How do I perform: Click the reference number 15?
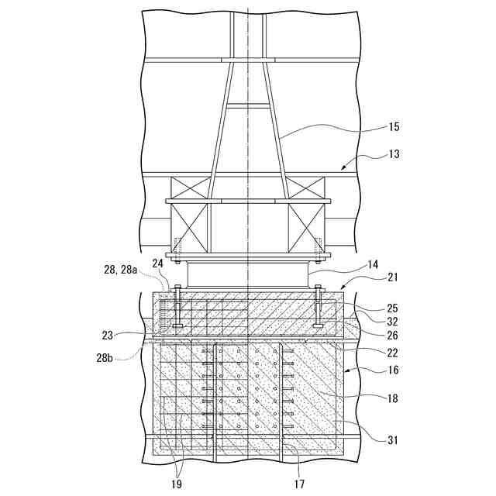[394, 126]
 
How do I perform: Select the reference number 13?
[394, 154]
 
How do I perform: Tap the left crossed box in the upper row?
[191, 188]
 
